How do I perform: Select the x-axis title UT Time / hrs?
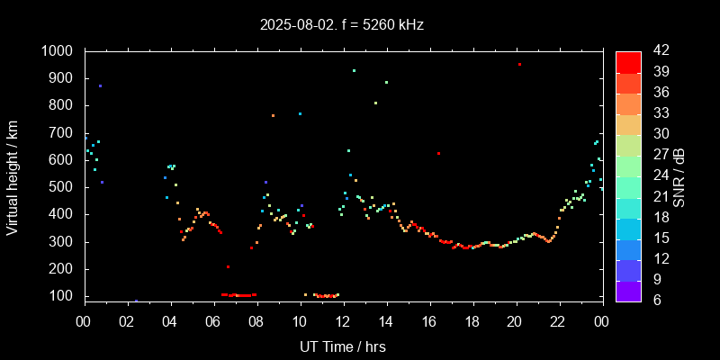click(343, 346)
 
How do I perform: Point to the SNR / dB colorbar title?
click(679, 175)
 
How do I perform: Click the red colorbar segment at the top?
click(628, 61)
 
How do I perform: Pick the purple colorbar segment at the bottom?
click(628, 290)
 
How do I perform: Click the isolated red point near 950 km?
click(519, 65)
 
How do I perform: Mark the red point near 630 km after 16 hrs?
click(438, 153)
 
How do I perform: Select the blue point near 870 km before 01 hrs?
click(100, 86)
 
